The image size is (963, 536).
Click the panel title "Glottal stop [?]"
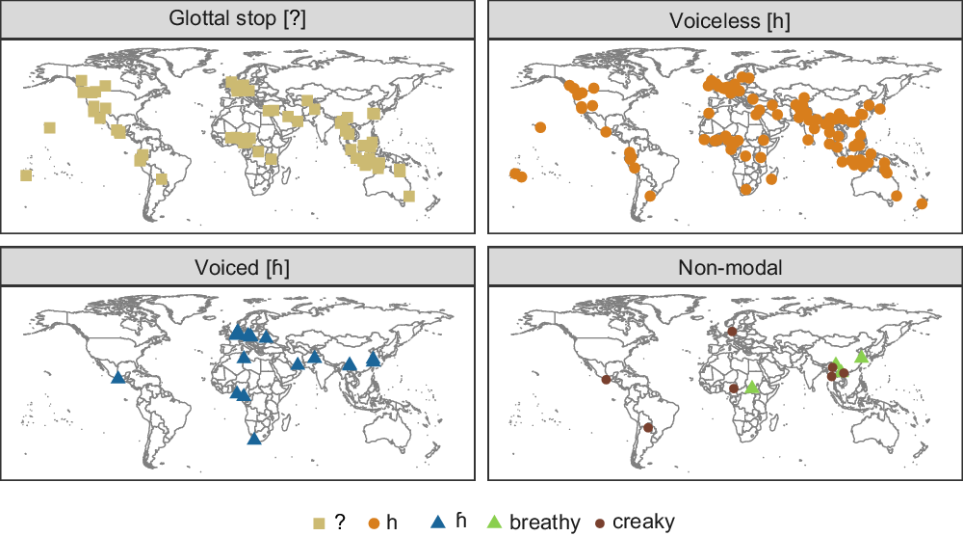click(x=238, y=18)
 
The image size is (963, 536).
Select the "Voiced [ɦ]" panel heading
click(x=238, y=267)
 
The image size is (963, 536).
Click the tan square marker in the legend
click(x=319, y=523)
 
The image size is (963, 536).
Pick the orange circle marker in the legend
click(x=374, y=523)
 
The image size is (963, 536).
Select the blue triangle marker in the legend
click(x=437, y=522)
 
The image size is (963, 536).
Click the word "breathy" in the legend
click(x=545, y=523)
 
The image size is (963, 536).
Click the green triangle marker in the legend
click(x=493, y=522)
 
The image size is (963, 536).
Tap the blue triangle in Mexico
click(x=117, y=378)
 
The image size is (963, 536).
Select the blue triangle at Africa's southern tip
click(x=253, y=439)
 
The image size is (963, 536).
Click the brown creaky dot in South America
click(x=648, y=427)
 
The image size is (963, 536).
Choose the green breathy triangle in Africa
click(x=752, y=388)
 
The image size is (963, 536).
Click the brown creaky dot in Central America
click(x=605, y=379)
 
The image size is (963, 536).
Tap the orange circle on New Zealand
click(x=924, y=202)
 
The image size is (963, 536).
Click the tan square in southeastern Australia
click(x=409, y=196)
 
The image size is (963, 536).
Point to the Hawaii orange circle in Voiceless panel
click(x=540, y=127)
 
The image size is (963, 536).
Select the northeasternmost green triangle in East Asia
click(x=861, y=357)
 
